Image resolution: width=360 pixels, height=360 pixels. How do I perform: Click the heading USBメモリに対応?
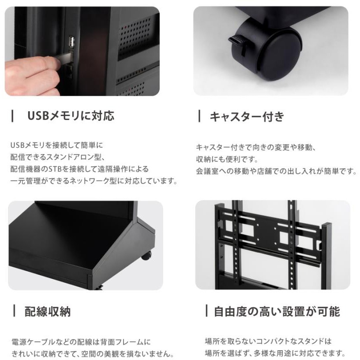pos(71,116)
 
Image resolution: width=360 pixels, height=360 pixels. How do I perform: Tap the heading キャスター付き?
pos(247,116)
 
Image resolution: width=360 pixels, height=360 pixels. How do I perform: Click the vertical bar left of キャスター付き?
pos(199,116)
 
